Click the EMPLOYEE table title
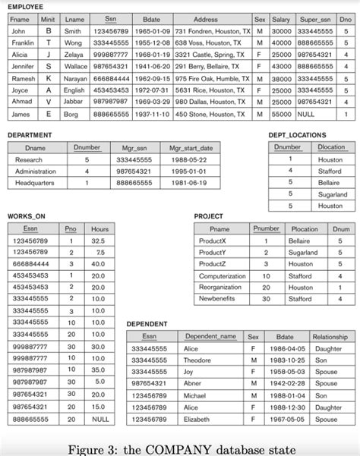click(25, 6)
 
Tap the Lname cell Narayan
click(74, 78)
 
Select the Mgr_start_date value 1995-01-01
click(190, 171)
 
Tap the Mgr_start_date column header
click(191, 148)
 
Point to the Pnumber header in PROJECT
click(266, 228)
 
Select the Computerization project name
click(222, 276)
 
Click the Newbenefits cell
click(218, 299)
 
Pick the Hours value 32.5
click(98, 241)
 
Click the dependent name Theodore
click(197, 360)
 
